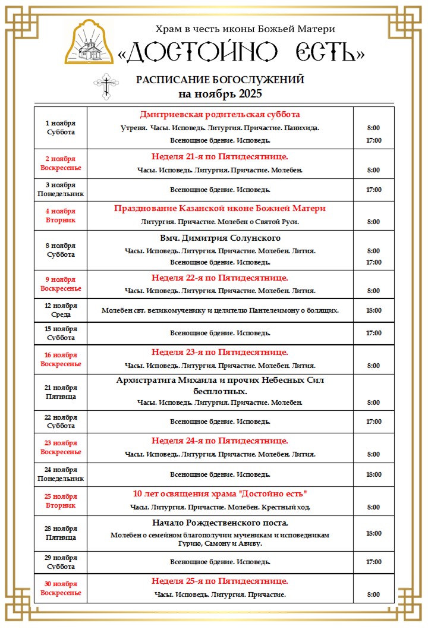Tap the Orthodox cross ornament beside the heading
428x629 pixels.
click(106, 86)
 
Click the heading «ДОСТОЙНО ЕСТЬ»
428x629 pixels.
click(241, 52)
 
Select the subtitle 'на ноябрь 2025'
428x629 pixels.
click(220, 94)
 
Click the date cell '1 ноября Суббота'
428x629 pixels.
click(61, 127)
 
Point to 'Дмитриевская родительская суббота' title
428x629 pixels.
click(220, 114)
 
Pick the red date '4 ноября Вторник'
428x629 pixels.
click(61, 215)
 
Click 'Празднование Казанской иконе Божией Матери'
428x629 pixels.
click(220, 208)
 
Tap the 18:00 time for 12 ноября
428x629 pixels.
click(374, 310)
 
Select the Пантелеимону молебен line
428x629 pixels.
click(220, 310)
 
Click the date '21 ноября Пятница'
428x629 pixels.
click(61, 392)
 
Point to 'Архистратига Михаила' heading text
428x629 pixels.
click(220, 380)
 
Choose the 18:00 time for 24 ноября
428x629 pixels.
click(374, 474)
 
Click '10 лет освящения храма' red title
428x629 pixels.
click(220, 494)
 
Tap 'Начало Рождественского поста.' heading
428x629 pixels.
click(220, 523)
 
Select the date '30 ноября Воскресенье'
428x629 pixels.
click(61, 588)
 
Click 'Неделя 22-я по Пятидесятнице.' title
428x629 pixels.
click(220, 278)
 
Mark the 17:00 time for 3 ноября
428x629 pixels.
click(374, 190)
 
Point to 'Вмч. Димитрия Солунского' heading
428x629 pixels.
click(220, 238)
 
